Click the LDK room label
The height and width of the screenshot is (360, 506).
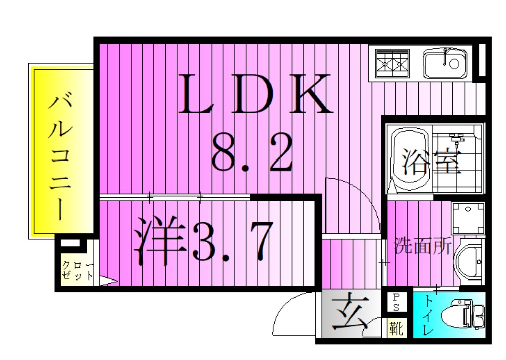point(255,94)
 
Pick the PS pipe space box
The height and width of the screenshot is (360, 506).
point(396,303)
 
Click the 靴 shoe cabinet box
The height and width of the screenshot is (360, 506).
point(396,329)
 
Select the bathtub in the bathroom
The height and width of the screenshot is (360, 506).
point(409,159)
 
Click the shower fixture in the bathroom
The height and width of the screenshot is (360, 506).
point(457,138)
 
